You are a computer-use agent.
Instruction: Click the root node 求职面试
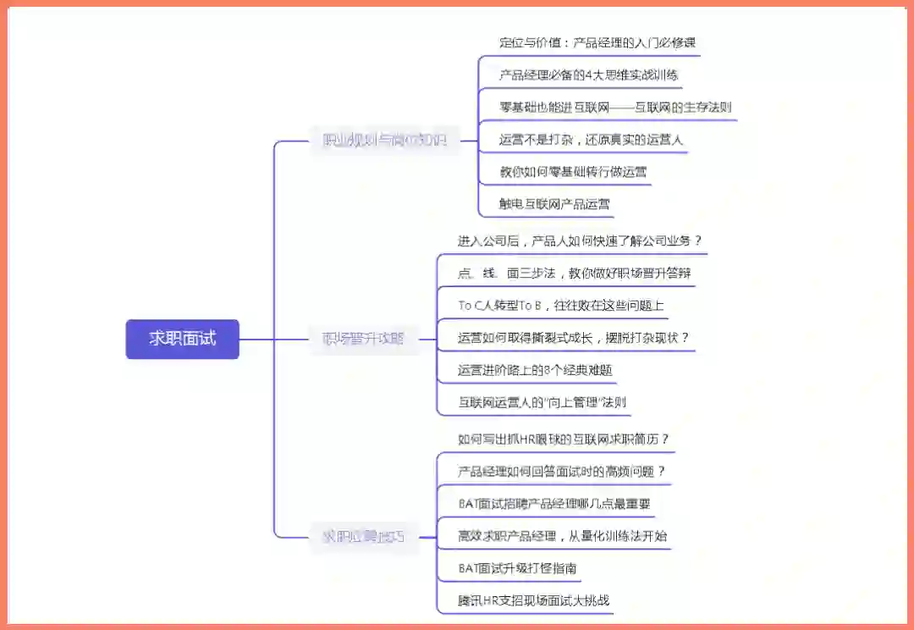(182, 339)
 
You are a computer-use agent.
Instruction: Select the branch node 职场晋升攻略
(363, 339)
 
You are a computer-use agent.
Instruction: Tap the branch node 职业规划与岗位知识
(384, 141)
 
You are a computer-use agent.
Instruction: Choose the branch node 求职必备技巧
(363, 536)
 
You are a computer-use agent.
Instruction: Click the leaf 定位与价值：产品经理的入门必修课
(597, 42)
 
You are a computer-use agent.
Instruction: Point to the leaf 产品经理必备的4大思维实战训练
(588, 75)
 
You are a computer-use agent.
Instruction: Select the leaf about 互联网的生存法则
(615, 107)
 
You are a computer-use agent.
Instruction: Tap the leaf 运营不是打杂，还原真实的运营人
(591, 139)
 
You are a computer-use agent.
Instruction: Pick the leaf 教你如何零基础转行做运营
(573, 171)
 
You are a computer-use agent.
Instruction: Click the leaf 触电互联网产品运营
(554, 203)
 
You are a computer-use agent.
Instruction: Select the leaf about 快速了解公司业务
(580, 240)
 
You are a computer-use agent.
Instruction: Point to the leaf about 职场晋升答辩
(568, 273)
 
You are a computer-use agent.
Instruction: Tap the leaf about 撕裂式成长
(573, 337)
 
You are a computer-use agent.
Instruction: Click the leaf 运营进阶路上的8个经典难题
(535, 369)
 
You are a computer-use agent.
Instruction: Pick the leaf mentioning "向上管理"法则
(542, 401)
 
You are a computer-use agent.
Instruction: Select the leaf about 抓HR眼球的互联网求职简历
(564, 439)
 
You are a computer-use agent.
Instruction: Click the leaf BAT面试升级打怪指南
(517, 567)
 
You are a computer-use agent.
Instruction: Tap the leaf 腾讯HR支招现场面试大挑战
(533, 600)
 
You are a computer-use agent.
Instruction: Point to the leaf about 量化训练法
(562, 535)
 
